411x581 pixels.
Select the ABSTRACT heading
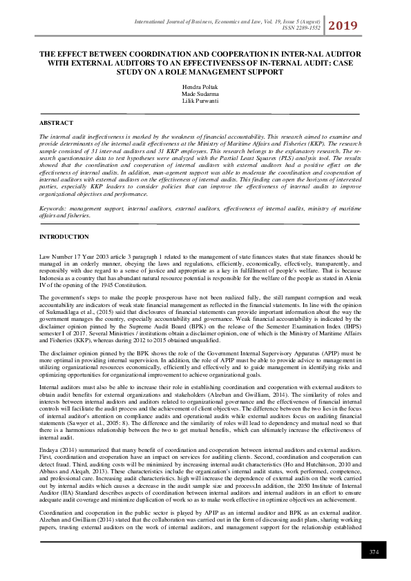(56, 122)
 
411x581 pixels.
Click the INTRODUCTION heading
(64, 237)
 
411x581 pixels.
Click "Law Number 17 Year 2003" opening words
(71, 255)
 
